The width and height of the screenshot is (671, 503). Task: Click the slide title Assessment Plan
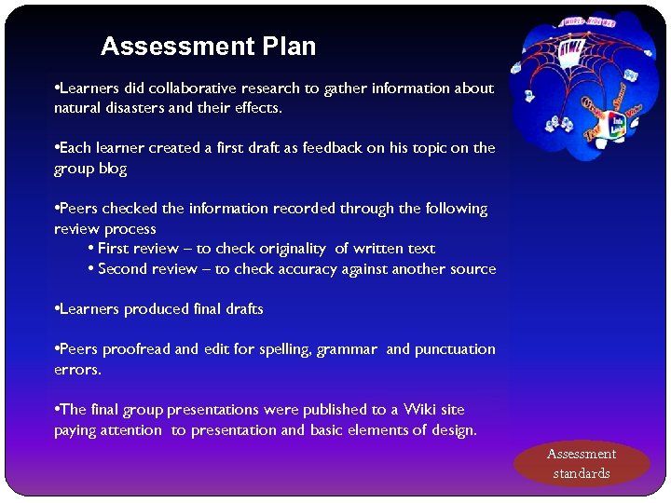tap(208, 47)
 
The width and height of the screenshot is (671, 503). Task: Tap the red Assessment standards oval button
tap(582, 463)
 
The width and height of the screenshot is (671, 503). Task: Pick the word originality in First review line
tap(288, 249)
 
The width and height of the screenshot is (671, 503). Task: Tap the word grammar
tap(347, 349)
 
